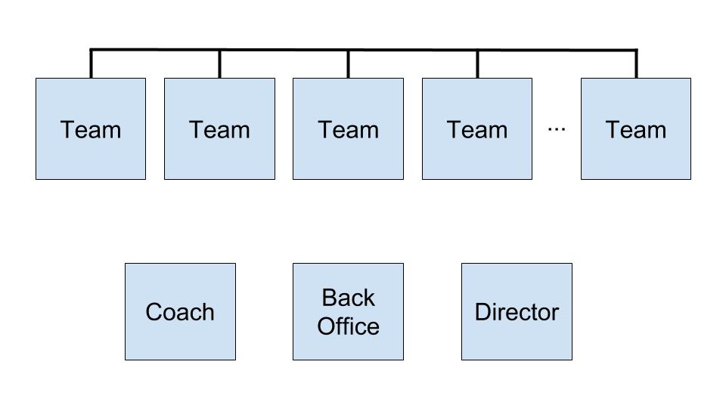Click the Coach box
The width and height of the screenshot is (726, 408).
pos(180,311)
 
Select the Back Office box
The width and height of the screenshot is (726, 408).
pos(348,311)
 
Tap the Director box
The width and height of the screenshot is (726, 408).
pos(517,311)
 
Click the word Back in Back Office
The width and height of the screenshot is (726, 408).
pos(348,298)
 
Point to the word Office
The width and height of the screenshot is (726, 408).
pos(348,326)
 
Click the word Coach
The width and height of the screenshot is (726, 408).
pos(180,312)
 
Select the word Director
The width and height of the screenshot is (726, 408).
pos(517,312)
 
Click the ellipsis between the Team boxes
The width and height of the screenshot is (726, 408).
pos(557,129)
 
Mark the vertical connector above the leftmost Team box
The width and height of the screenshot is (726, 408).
pos(91,65)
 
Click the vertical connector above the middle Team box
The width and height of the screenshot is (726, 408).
pos(348,65)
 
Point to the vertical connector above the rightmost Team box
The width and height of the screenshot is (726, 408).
pos(636,65)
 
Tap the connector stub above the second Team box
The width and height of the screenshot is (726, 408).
pos(219,65)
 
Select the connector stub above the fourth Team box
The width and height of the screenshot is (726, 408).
pos(477,65)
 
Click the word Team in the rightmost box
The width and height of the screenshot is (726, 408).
pos(636,129)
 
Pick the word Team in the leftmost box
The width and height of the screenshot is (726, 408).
pos(91,129)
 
